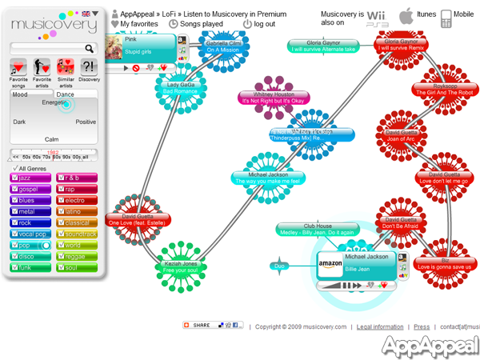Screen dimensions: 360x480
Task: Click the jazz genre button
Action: point(32,178)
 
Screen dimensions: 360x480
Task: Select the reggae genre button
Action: point(78,256)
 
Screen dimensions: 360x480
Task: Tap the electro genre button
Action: point(78,200)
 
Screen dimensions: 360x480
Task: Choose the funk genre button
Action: point(32,267)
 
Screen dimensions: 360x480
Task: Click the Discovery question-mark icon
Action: point(89,67)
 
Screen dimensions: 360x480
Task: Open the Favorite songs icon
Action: point(18,67)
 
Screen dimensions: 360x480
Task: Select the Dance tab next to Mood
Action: point(66,95)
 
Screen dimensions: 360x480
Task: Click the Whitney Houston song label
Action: point(274,98)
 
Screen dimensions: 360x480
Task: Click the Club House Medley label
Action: point(317,229)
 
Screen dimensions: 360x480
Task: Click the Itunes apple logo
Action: point(406,15)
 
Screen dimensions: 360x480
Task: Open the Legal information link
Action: point(380,326)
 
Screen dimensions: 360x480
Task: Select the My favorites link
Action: point(138,24)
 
